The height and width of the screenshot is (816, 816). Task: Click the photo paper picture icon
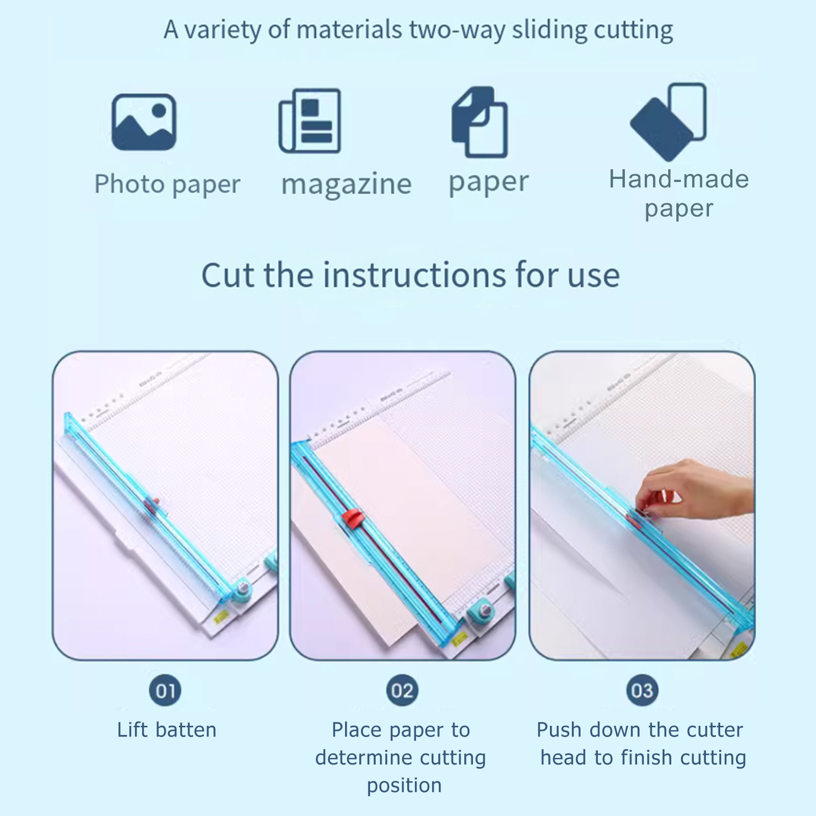point(144,122)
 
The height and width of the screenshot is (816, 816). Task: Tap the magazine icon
point(310,121)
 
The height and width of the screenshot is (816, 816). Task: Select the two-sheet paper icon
point(480,122)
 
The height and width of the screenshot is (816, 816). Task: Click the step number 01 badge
point(165,691)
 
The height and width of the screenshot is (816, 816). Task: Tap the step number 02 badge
point(402,691)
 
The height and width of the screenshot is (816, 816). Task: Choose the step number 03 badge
point(642,691)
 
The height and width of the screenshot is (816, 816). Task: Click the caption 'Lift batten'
point(167,730)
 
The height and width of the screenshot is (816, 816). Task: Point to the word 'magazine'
point(346,184)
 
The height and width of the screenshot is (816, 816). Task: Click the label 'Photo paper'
point(167,185)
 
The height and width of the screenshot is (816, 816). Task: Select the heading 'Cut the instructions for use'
point(410,275)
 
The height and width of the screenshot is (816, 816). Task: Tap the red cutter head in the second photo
point(351,518)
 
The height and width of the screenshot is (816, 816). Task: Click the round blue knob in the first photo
point(243,590)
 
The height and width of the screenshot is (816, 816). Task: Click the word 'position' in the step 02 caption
point(404,785)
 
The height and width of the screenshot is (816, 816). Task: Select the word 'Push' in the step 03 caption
point(560,730)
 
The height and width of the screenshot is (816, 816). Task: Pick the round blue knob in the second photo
point(480,613)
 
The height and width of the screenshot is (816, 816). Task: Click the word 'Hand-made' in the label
point(678,179)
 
